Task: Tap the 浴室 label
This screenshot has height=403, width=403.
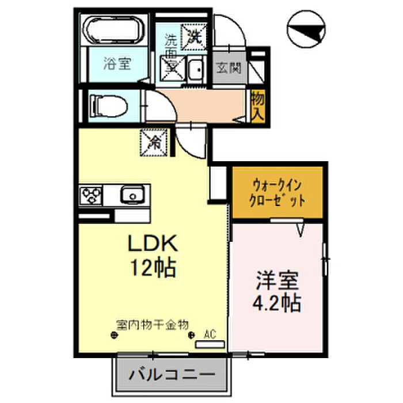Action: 117,63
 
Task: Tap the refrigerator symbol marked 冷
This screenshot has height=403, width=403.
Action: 154,142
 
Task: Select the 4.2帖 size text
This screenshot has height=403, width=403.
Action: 277,303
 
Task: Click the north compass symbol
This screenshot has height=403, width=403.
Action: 305,30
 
